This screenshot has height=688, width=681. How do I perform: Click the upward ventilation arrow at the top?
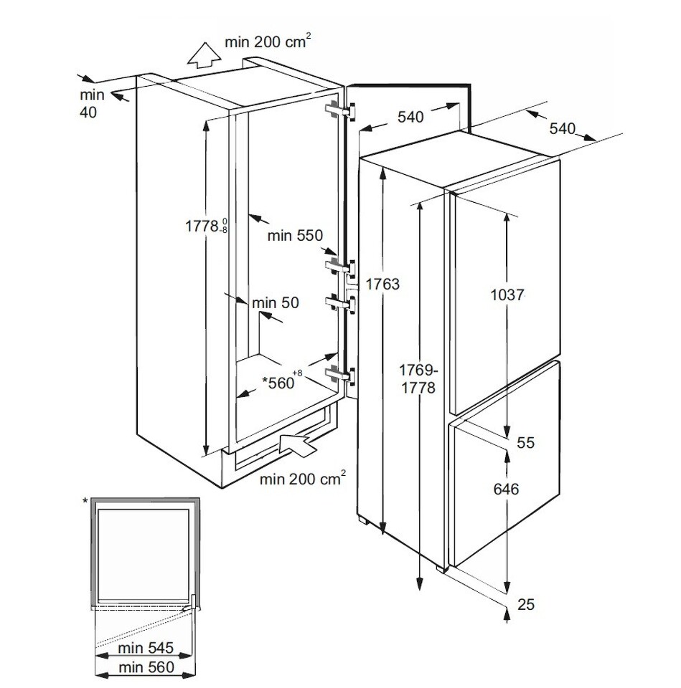[203, 55]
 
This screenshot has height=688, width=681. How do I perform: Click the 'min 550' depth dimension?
[295, 236]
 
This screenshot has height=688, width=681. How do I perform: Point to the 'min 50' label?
[276, 302]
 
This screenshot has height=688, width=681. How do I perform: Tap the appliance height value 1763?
[382, 285]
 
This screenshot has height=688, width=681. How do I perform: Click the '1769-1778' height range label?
[418, 379]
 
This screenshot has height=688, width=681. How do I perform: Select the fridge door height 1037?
[508, 295]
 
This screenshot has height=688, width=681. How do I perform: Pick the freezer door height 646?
[506, 489]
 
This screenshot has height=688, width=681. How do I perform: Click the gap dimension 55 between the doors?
[525, 443]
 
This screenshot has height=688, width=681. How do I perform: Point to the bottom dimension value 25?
[526, 605]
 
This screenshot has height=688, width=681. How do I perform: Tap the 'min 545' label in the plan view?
[146, 648]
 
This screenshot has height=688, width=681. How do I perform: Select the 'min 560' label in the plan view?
[146, 667]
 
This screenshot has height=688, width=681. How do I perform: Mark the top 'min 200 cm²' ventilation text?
[268, 42]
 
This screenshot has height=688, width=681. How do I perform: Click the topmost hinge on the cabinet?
[339, 110]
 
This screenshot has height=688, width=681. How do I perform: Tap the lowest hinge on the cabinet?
[339, 374]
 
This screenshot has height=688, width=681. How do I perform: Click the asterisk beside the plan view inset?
[85, 501]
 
